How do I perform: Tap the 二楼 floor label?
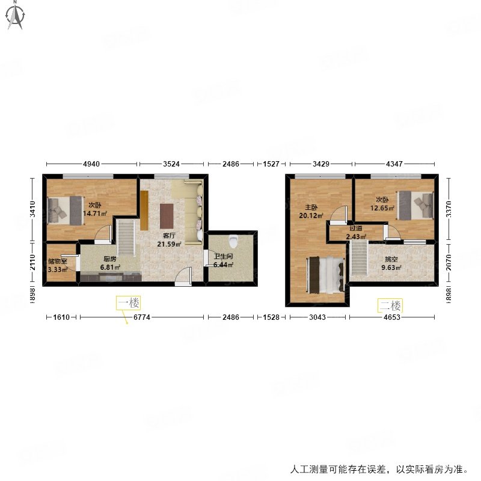pos(390,305)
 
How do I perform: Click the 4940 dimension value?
pos(90,163)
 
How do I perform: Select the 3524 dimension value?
pos(173,163)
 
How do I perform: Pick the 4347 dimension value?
pos(395,163)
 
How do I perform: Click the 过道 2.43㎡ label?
pos(355,233)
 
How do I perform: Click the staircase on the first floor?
pos(126,237)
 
